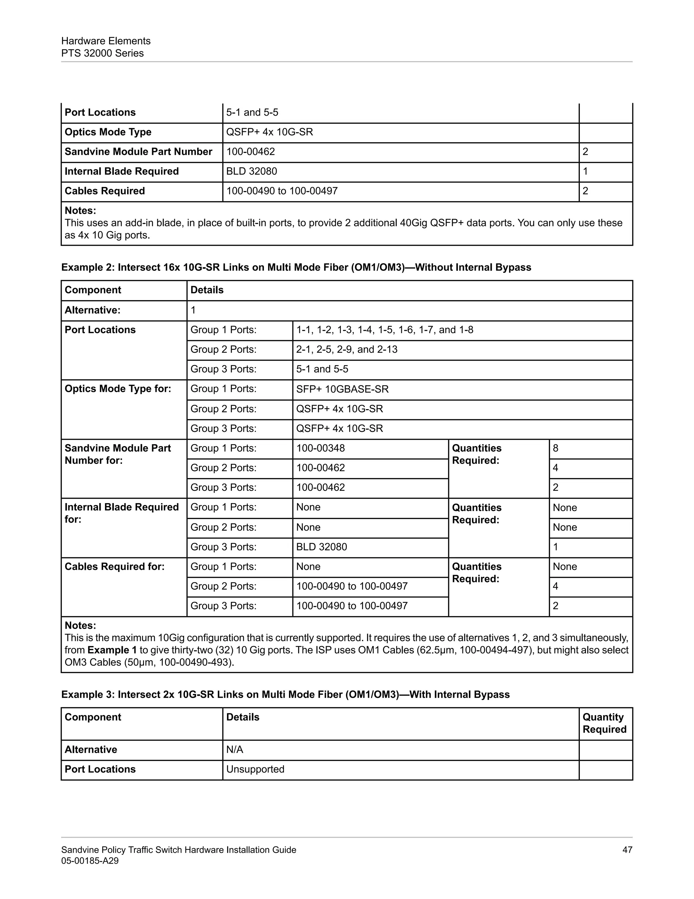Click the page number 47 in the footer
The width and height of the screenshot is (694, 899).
click(x=627, y=849)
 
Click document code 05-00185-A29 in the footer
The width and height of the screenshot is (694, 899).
click(x=89, y=860)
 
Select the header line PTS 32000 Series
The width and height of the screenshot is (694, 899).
click(x=102, y=53)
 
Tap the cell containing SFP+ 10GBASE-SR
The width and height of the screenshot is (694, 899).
click(x=342, y=389)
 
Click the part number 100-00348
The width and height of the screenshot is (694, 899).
click(x=320, y=448)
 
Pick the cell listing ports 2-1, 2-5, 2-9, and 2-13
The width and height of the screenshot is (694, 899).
click(x=347, y=349)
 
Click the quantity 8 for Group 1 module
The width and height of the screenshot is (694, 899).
click(x=555, y=448)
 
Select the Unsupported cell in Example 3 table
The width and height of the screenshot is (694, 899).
click(x=255, y=769)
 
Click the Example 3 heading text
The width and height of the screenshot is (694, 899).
click(x=285, y=694)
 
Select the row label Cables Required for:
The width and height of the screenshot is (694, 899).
click(x=114, y=567)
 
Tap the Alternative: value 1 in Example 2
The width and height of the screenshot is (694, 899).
click(x=193, y=310)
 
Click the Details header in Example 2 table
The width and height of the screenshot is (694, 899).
click(x=207, y=290)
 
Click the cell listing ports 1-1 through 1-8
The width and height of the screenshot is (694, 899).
click(x=384, y=330)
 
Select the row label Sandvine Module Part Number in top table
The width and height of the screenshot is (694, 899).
click(x=138, y=152)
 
